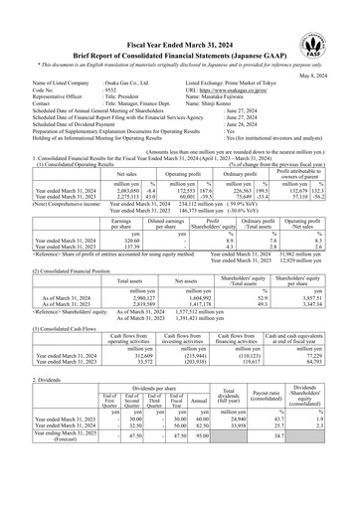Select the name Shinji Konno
tap(240, 109)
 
